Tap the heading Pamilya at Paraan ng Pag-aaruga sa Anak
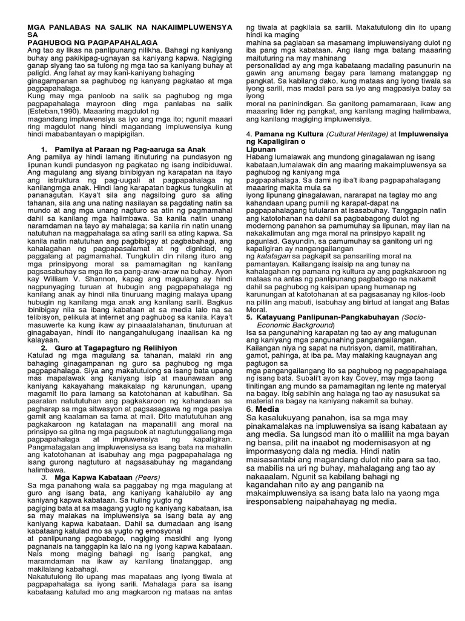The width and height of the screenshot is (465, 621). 130,149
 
